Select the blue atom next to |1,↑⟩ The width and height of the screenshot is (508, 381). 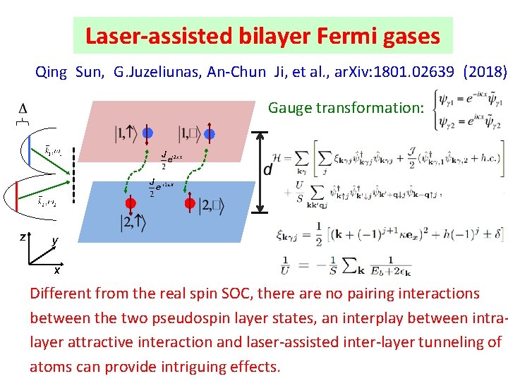pos(147,133)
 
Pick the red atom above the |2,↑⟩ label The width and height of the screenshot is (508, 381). pos(131,203)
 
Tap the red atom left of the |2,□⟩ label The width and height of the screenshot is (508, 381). pos(189,203)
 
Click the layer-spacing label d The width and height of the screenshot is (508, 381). pos(268,170)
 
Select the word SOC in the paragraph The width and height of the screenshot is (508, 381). pos(224,294)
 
